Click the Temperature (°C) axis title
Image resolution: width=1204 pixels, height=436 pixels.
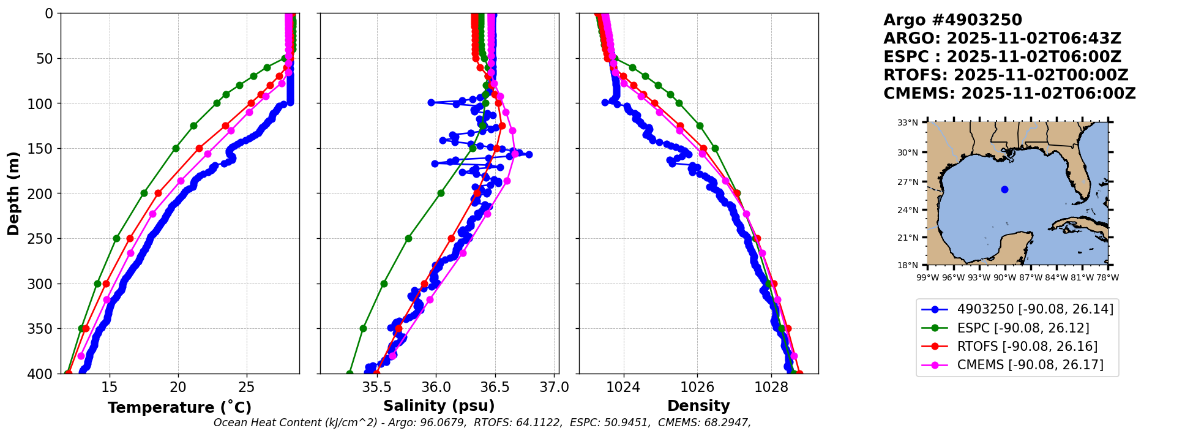179,408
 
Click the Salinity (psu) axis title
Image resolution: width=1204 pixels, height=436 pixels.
439,406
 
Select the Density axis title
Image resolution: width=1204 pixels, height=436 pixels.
698,406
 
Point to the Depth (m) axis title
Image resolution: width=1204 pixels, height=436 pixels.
13,194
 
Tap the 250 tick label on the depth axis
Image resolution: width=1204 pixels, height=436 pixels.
41,239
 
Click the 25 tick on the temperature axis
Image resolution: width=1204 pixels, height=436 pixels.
247,387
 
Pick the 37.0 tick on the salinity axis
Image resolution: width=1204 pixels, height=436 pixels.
555,387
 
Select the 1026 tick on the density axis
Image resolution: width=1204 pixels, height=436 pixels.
698,387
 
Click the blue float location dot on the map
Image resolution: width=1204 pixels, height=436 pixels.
1004,189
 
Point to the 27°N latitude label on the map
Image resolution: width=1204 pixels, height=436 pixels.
908,182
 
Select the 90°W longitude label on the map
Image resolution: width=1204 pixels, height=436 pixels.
1004,277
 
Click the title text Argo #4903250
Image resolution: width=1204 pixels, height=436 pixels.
952,20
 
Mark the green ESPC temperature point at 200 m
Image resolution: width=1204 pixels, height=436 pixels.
144,193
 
